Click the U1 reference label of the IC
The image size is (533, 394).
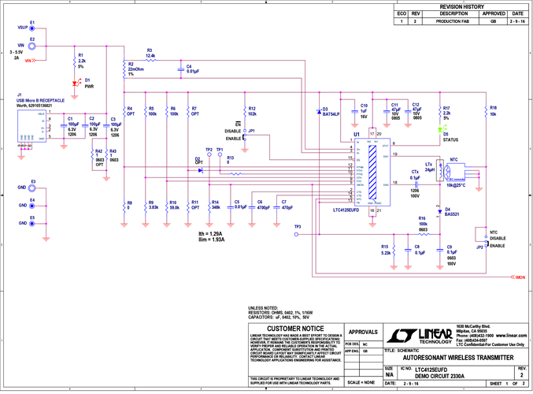click(x=357, y=135)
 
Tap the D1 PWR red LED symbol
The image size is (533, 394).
click(x=76, y=82)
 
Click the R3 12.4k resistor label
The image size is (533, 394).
click(x=150, y=53)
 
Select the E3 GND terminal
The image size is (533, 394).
click(x=31, y=186)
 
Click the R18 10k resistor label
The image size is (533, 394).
click(x=493, y=110)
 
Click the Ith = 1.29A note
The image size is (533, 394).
click(x=210, y=233)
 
